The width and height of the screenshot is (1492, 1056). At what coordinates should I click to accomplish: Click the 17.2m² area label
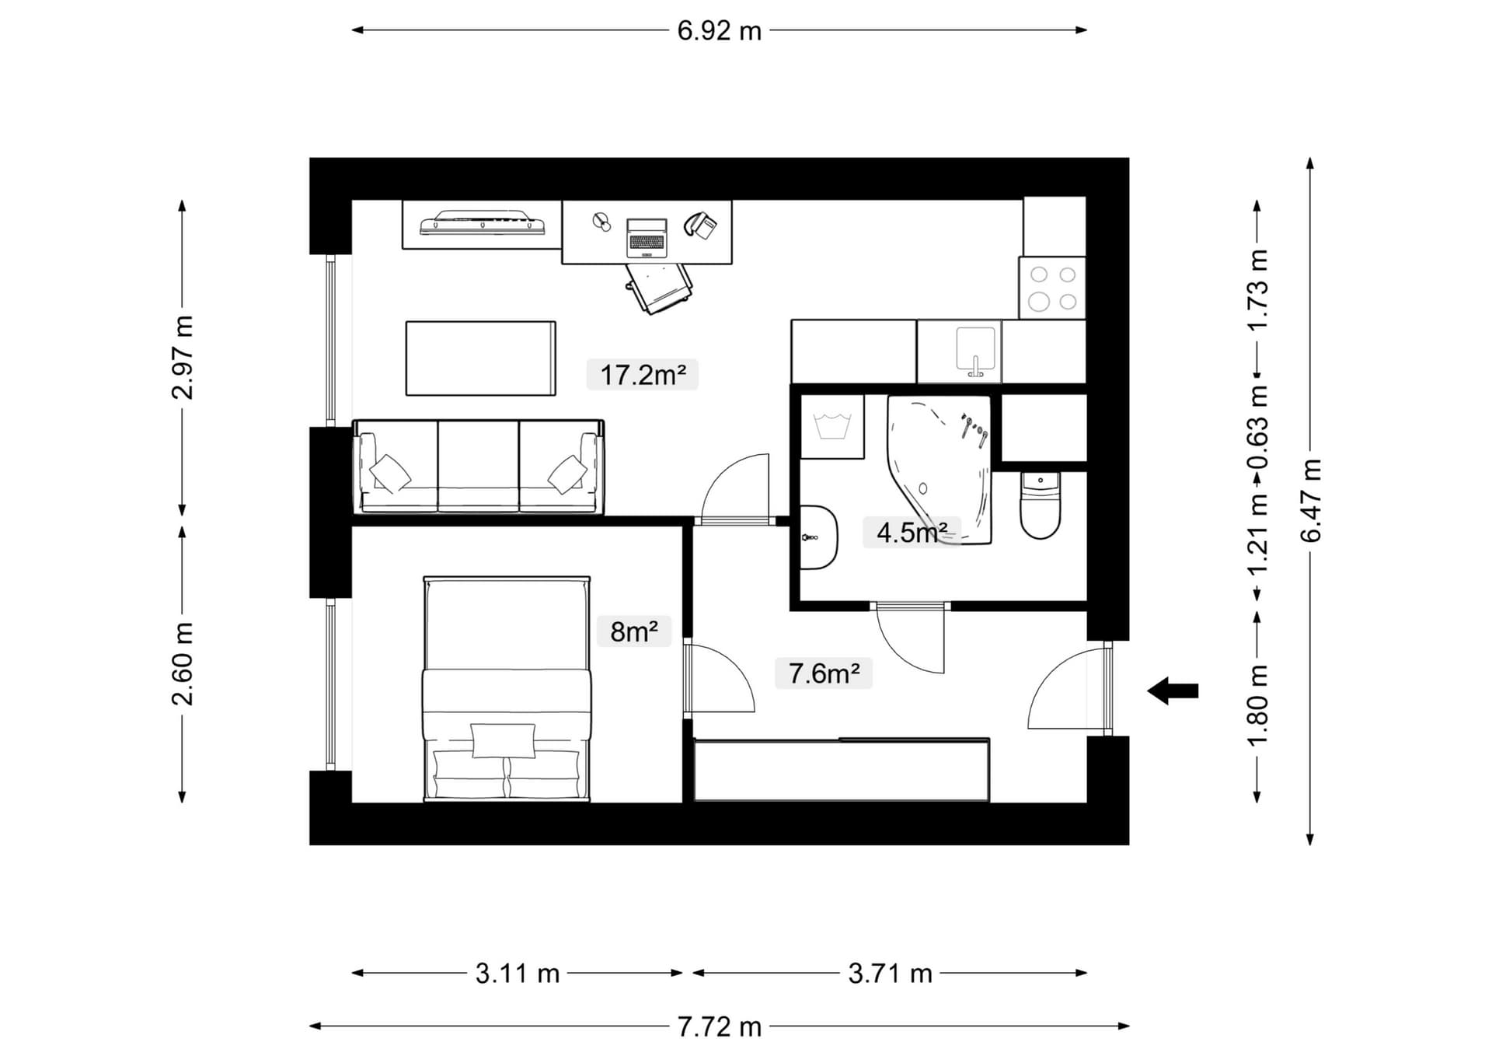[x=643, y=375]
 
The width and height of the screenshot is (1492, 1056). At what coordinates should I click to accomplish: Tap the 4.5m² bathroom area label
[x=912, y=533]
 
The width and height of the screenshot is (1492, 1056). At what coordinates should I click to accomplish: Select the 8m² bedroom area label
[x=633, y=631]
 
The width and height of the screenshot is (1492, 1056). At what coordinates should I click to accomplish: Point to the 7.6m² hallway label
[x=824, y=673]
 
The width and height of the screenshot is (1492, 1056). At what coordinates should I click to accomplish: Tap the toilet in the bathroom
[x=1041, y=506]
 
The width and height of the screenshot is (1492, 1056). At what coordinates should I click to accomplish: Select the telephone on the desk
[x=701, y=225]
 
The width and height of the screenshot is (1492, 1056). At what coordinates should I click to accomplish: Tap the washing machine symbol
[x=832, y=427]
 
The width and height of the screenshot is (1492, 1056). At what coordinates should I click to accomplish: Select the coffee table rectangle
[x=480, y=358]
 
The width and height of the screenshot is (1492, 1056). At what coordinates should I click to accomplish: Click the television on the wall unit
[x=482, y=222]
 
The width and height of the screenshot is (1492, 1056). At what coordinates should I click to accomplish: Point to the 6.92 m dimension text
[x=719, y=31]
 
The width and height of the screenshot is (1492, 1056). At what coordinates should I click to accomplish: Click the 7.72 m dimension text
[x=719, y=1027]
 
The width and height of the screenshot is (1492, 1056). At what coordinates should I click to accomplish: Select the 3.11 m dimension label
[x=518, y=974]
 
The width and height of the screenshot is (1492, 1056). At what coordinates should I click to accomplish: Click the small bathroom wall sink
[x=817, y=537]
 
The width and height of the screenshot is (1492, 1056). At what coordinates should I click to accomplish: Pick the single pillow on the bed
[x=504, y=740]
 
